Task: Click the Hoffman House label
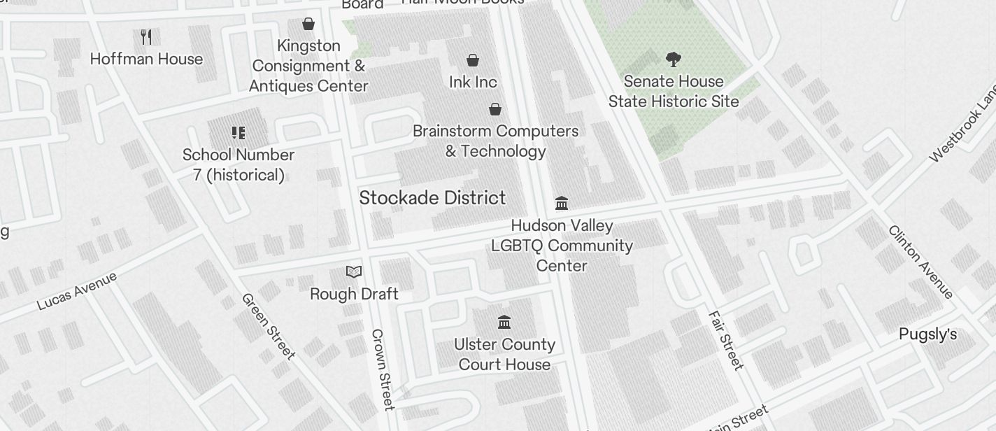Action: click(146, 59)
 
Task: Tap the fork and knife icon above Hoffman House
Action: click(146, 36)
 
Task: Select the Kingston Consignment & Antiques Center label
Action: click(308, 66)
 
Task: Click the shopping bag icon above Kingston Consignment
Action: click(308, 24)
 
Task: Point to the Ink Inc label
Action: click(473, 82)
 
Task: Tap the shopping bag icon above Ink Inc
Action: click(473, 60)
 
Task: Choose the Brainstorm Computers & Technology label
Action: click(495, 141)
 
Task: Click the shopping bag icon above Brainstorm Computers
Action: click(495, 109)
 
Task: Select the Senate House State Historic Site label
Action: click(674, 91)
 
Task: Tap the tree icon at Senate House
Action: click(674, 59)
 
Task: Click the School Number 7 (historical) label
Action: click(239, 164)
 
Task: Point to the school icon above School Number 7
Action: click(239, 133)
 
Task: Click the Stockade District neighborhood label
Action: click(432, 198)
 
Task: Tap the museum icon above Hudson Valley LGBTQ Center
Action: click(562, 204)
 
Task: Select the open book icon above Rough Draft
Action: click(354, 271)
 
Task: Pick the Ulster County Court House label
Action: click(504, 354)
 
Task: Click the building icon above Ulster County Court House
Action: click(504, 323)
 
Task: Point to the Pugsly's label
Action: click(927, 334)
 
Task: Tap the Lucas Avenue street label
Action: click(77, 290)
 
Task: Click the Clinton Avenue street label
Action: click(921, 261)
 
